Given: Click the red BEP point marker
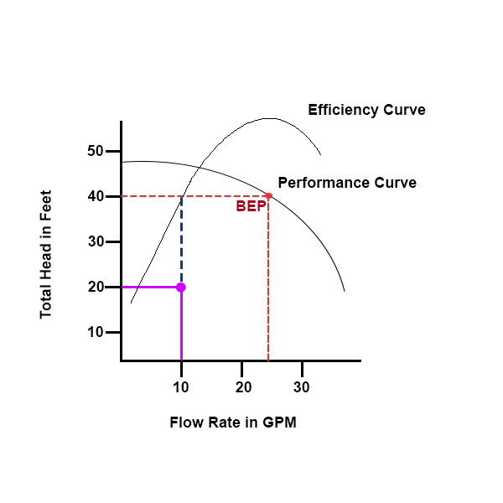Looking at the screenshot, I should pos(268,196).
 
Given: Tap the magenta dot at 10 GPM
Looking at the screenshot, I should pos(181,287).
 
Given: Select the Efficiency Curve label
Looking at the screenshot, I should pos(366,110).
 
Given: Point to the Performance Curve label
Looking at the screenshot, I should pos(346,182).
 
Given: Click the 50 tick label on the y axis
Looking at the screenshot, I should pos(95,151).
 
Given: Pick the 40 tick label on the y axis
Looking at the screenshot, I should pos(95,196).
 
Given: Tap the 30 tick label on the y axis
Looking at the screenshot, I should pos(95,241).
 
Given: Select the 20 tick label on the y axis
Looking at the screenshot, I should pos(95,287).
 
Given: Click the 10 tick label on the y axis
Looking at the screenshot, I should pos(95,332).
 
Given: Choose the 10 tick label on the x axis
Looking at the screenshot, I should pos(181,387).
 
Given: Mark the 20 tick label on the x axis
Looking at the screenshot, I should pos(242,387).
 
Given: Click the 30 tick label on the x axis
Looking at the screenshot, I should pos(301,387).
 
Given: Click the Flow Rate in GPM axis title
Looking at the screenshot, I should pos(232,423).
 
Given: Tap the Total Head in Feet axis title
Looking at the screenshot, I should pos(46,252).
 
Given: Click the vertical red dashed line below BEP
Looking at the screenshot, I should pos(268,285).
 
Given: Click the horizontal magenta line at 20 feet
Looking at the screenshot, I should pos(151,287).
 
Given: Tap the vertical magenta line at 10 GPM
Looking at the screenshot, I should pos(181,327).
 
